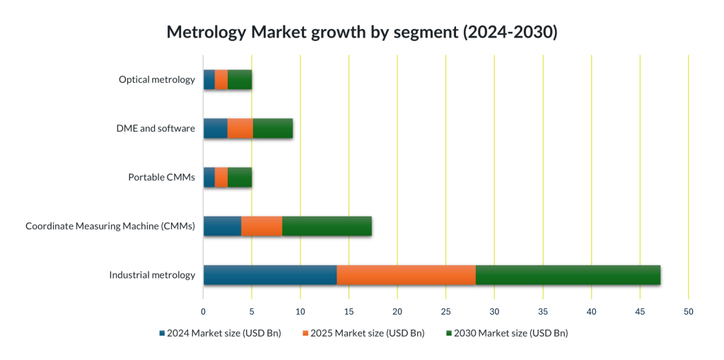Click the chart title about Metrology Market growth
pyautogui.click(x=361, y=33)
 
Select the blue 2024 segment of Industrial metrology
pyautogui.click(x=269, y=274)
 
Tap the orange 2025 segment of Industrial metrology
pyautogui.click(x=406, y=274)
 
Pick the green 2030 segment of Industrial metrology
pyautogui.click(x=568, y=274)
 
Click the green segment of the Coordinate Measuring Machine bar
pyautogui.click(x=327, y=226)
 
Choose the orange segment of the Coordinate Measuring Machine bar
pyautogui.click(x=262, y=226)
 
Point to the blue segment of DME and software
pyautogui.click(x=215, y=128)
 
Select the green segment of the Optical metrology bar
pyautogui.click(x=240, y=79)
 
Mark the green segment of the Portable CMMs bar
pyautogui.click(x=240, y=177)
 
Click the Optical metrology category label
pyautogui.click(x=156, y=79)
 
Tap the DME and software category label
pyautogui.click(x=155, y=128)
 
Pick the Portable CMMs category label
pyautogui.click(x=161, y=177)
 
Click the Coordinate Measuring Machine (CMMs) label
pyautogui.click(x=110, y=226)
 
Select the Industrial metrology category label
pyautogui.click(x=151, y=274)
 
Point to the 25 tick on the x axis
pyautogui.click(x=445, y=311)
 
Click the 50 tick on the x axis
pyautogui.click(x=688, y=311)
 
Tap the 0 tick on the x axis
pyautogui.click(x=203, y=311)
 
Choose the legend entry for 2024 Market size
pyautogui.click(x=220, y=332)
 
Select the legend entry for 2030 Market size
pyautogui.click(x=507, y=332)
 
